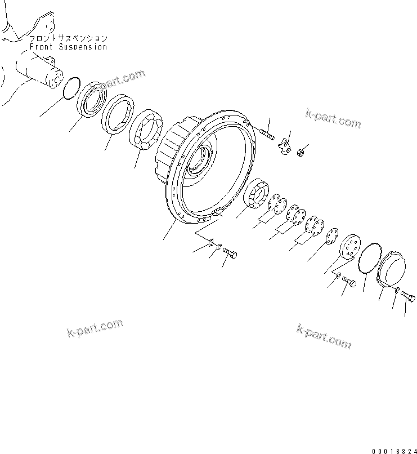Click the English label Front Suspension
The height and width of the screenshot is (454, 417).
point(68,47)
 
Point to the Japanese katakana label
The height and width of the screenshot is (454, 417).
point(68,38)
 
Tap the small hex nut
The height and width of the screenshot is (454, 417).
point(302,151)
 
